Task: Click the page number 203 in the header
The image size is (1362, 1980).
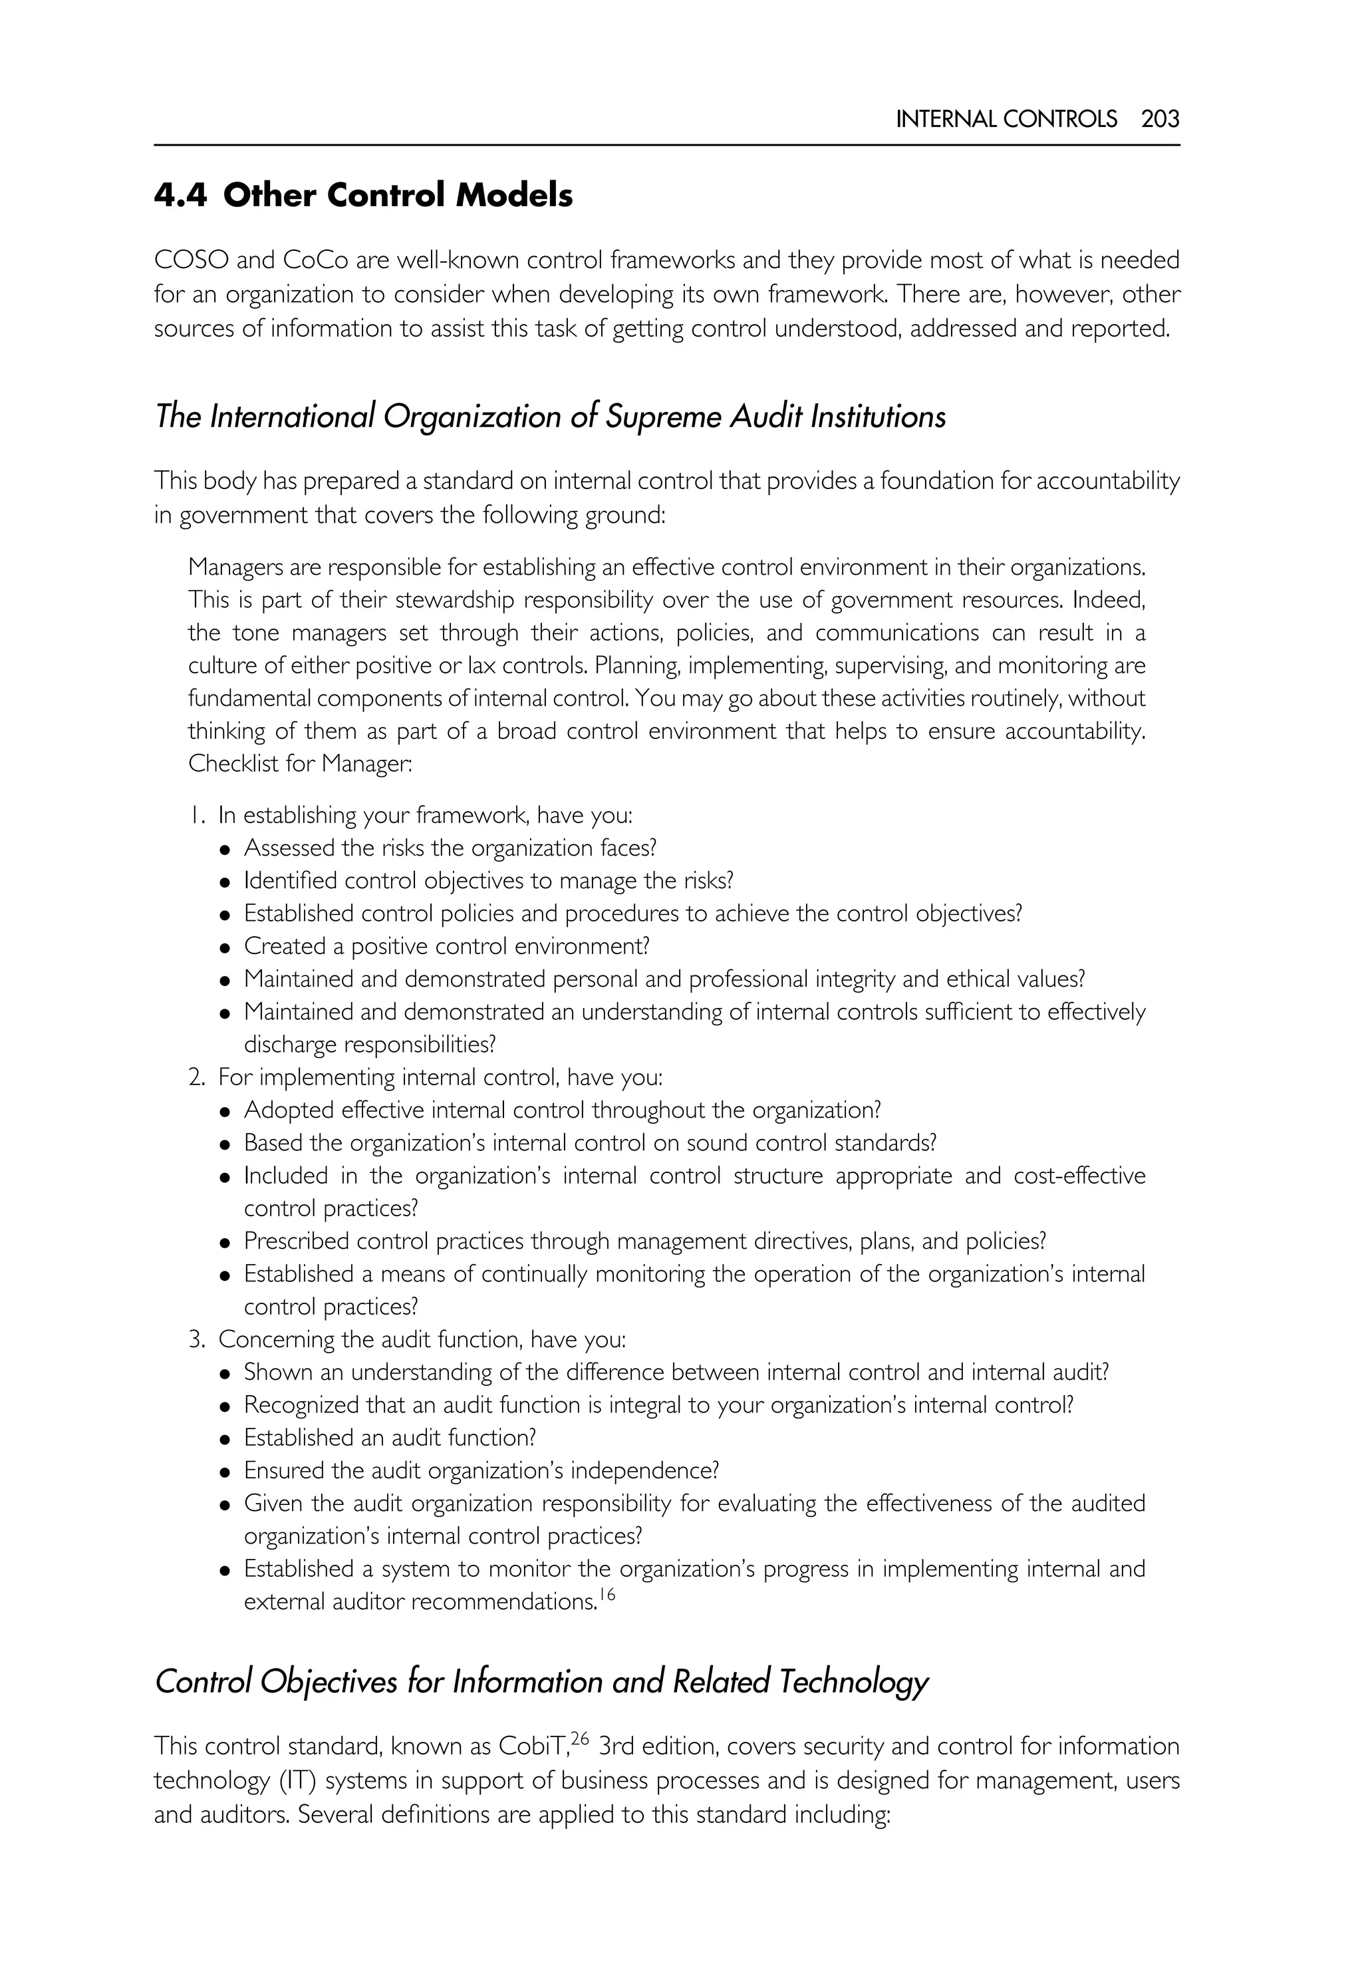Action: coord(1160,118)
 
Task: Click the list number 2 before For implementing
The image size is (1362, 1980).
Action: coord(196,1078)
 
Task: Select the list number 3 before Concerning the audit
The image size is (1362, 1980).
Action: coord(196,1340)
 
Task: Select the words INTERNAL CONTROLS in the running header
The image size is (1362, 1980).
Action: coord(1006,118)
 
